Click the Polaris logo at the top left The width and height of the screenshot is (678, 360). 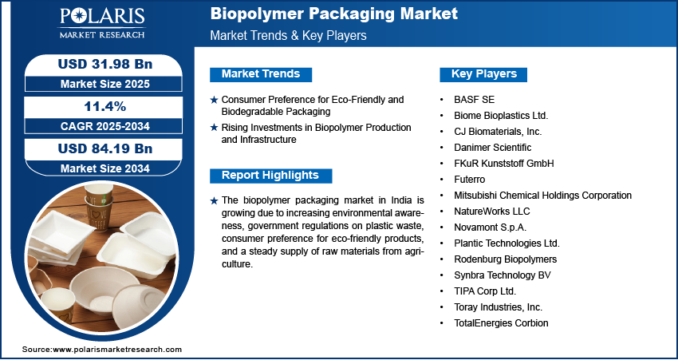point(102,22)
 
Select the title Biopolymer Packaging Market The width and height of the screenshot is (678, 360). point(333,14)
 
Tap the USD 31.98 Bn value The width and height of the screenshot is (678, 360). point(105,64)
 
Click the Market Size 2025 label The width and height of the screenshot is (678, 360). point(105,84)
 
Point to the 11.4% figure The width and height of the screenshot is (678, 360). point(105,106)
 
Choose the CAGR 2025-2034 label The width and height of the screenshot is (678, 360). point(105,126)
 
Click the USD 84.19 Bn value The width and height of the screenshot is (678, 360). point(105,148)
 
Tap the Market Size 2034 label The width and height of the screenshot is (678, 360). point(105,168)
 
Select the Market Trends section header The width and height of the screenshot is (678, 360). point(261,74)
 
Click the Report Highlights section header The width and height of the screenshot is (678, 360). point(270,176)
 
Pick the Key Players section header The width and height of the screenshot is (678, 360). point(484,74)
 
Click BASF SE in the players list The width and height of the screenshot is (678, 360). point(474,100)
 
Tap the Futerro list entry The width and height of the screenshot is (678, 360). point(469,179)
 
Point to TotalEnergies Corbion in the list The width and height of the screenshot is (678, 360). point(501,322)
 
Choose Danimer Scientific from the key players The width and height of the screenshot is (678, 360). point(492,148)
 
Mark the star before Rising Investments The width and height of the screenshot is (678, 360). point(214,128)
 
